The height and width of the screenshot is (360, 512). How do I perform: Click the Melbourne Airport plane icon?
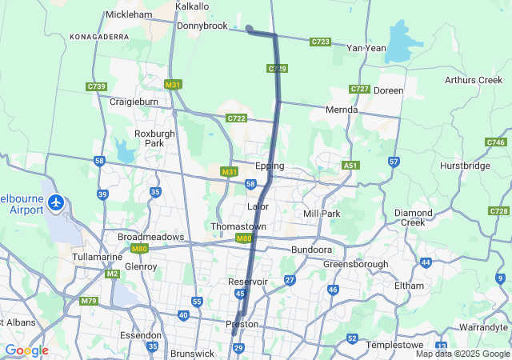pyautogui.click(x=56, y=202)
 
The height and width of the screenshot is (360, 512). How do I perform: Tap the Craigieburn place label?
pyautogui.click(x=134, y=102)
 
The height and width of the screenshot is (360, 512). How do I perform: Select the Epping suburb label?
pyautogui.click(x=270, y=166)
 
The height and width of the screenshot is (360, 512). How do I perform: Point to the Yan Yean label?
pyautogui.click(x=366, y=48)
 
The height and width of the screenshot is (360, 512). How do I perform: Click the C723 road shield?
pyautogui.click(x=321, y=41)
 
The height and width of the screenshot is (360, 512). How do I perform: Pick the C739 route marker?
pyautogui.click(x=97, y=86)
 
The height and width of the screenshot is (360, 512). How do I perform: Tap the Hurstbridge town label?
pyautogui.click(x=464, y=166)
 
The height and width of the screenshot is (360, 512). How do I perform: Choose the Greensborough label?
pyautogui.click(x=356, y=264)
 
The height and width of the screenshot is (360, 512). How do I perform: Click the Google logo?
pyautogui.click(x=26, y=350)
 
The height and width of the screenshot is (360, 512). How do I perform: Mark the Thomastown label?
pyautogui.click(x=238, y=226)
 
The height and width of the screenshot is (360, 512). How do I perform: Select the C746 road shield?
pyautogui.click(x=495, y=142)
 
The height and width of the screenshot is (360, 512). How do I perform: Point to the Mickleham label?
pyautogui.click(x=129, y=14)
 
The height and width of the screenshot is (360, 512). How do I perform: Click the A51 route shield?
pyautogui.click(x=350, y=165)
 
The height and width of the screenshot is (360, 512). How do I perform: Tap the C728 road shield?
pyautogui.click(x=498, y=210)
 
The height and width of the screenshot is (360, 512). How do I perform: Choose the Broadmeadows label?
pyautogui.click(x=150, y=238)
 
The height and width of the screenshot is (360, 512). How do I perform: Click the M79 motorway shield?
pyautogui.click(x=89, y=301)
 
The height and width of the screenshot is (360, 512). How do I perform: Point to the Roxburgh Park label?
pyautogui.click(x=149, y=138)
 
